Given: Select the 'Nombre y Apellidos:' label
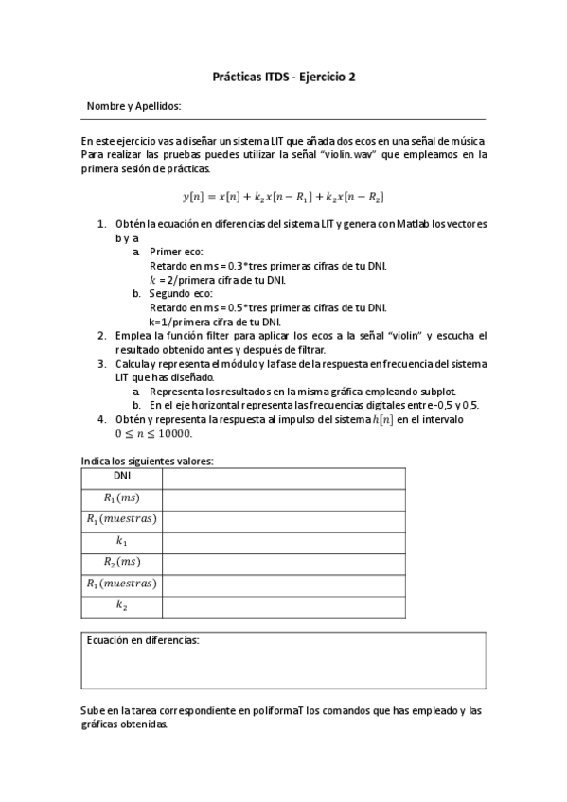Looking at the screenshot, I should coord(133,107).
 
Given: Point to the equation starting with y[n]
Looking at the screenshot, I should coord(283,197).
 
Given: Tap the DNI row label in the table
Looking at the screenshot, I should coord(121,477).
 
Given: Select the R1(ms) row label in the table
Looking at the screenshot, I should coord(121,497).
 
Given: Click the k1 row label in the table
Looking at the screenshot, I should coord(121,541).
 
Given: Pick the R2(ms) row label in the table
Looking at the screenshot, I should coord(121,563).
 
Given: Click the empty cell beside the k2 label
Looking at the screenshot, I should coord(283,605).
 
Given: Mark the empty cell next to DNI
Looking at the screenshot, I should coord(283,477).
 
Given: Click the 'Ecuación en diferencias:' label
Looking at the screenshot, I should coord(143,641).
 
